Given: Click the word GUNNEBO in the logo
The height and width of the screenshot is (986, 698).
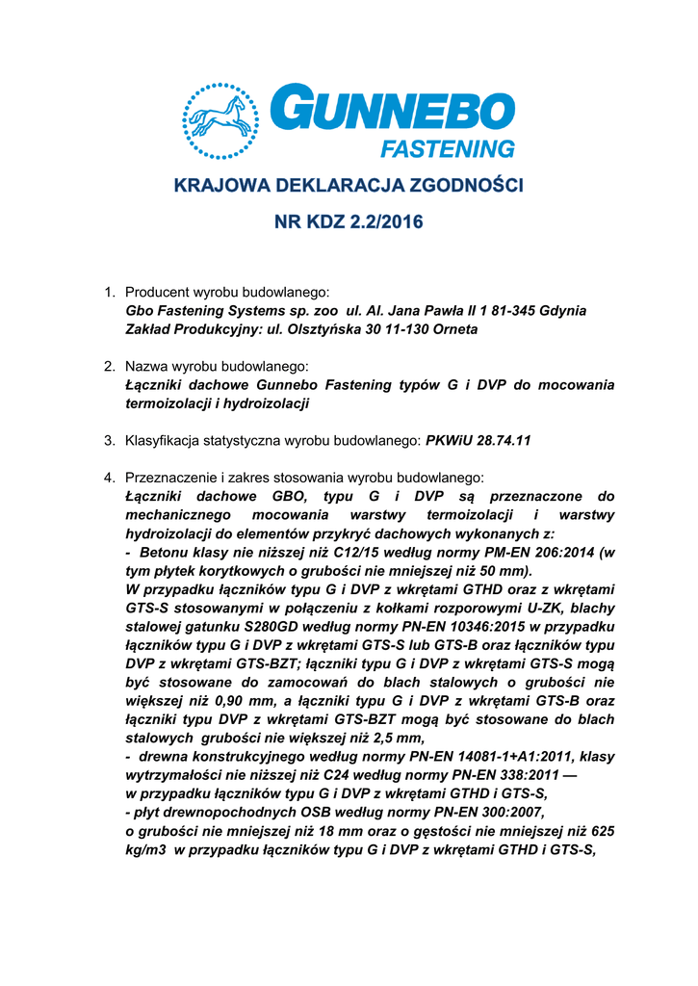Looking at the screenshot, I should click(x=394, y=110).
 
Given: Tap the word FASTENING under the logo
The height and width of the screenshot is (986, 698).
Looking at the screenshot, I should click(x=448, y=149).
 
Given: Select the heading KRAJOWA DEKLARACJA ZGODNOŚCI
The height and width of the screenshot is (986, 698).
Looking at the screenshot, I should click(x=349, y=185).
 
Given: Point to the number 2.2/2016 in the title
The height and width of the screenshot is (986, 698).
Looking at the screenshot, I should click(x=382, y=222).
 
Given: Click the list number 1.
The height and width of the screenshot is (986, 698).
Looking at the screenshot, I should click(x=110, y=292).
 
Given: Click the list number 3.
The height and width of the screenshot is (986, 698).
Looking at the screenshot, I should click(x=110, y=441).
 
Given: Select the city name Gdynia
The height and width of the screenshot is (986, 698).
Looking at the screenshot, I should click(x=563, y=311).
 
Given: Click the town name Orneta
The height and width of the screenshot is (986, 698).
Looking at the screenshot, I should click(x=452, y=329).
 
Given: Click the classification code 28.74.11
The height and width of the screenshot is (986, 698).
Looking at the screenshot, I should click(x=501, y=441).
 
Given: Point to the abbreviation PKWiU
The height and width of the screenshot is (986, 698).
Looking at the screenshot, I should click(x=447, y=441).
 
